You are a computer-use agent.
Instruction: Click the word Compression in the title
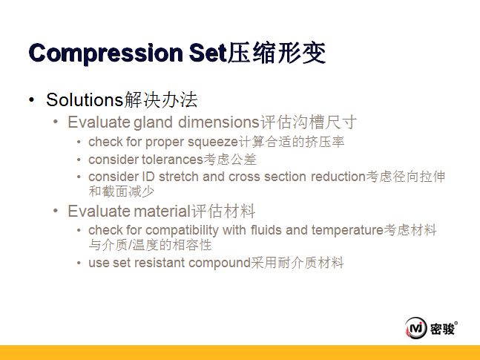click(x=105, y=53)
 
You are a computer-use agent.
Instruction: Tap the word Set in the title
click(x=208, y=53)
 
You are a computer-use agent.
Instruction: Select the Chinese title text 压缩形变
click(x=277, y=53)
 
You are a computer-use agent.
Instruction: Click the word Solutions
click(x=85, y=100)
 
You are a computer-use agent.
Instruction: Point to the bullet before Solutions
click(x=31, y=99)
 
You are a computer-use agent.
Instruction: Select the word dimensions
click(x=219, y=122)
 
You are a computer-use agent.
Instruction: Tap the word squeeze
click(x=213, y=143)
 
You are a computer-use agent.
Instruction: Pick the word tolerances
click(x=172, y=160)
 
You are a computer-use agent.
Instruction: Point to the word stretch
click(x=179, y=177)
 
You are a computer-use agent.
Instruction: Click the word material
click(x=162, y=211)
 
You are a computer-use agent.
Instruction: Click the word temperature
click(x=347, y=231)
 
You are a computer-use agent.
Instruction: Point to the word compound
click(x=220, y=264)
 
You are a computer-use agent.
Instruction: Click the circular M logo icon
click(x=415, y=328)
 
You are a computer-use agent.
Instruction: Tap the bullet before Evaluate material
click(x=56, y=211)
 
